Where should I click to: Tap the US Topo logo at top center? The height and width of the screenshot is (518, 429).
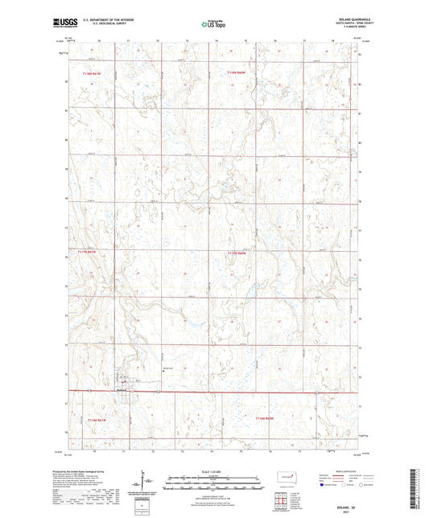tap(213, 24)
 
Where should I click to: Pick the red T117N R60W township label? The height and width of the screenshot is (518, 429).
tap(240, 253)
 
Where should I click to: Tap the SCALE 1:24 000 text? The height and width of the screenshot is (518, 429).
tap(213, 471)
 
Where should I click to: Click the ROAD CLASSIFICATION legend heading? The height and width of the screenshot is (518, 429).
tap(347, 472)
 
